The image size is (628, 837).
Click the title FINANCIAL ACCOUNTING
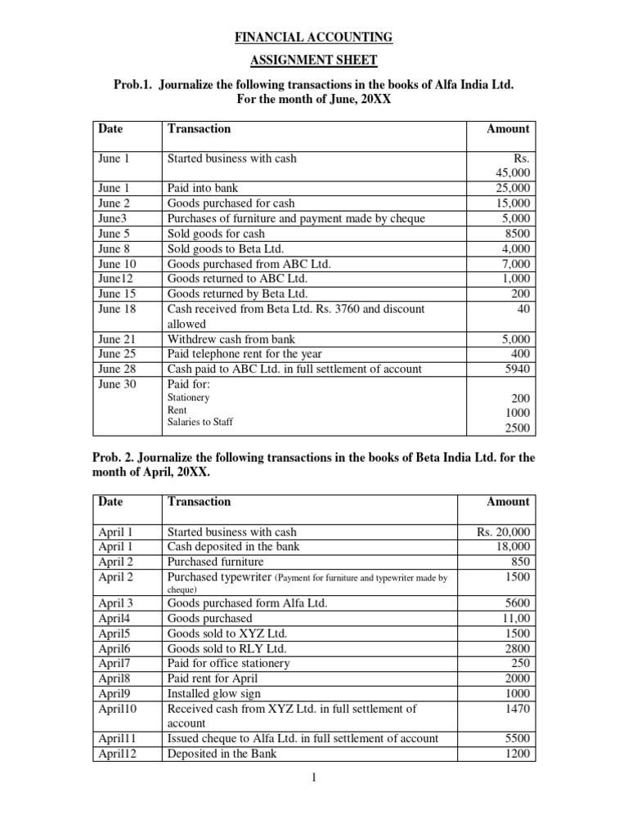point(314,37)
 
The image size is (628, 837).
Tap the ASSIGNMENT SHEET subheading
point(314,60)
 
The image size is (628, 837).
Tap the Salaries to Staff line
point(200,422)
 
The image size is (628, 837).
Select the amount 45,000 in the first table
point(513,173)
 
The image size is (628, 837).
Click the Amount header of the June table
point(508,128)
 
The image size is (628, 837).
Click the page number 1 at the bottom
point(314,778)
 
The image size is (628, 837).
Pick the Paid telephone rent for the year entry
point(244,354)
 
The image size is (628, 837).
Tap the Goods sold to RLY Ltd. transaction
point(227,648)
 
